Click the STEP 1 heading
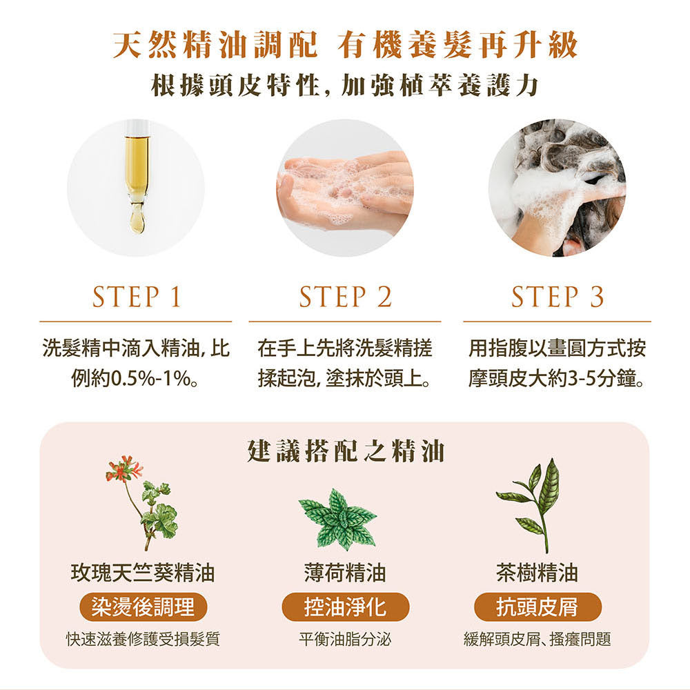(137, 296)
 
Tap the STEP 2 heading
(345, 296)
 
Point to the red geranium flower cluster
(124, 469)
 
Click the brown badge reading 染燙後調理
(143, 607)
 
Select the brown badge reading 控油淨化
(346, 607)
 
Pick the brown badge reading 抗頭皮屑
(538, 607)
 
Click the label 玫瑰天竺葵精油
(143, 573)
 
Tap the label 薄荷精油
(345, 573)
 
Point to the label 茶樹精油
(537, 573)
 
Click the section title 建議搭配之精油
(346, 451)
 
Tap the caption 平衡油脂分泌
(345, 639)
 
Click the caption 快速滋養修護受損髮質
(143, 639)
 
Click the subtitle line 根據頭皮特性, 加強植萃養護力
(345, 86)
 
